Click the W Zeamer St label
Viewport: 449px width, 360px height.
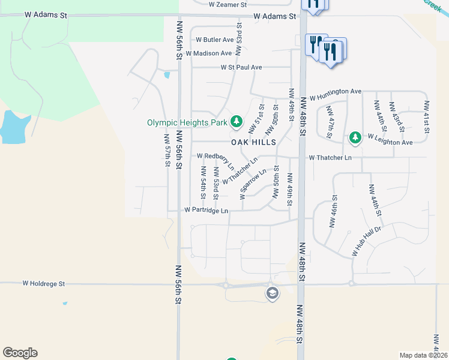(228, 4)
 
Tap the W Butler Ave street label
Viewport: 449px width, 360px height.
(214, 40)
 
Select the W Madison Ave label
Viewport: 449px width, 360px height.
(208, 53)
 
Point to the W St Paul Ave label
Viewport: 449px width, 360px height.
(241, 67)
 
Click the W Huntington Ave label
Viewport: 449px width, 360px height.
(335, 91)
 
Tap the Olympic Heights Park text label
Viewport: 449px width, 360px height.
(187, 122)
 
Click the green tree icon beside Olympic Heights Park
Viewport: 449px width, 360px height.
(237, 122)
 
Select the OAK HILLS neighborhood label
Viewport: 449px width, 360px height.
(254, 142)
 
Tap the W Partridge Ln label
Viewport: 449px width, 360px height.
(206, 211)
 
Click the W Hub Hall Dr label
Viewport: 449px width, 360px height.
(367, 241)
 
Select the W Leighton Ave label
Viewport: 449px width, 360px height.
(390, 143)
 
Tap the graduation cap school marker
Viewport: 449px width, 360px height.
(272, 293)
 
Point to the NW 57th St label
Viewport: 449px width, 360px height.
(168, 151)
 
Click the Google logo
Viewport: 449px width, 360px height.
(20, 353)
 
